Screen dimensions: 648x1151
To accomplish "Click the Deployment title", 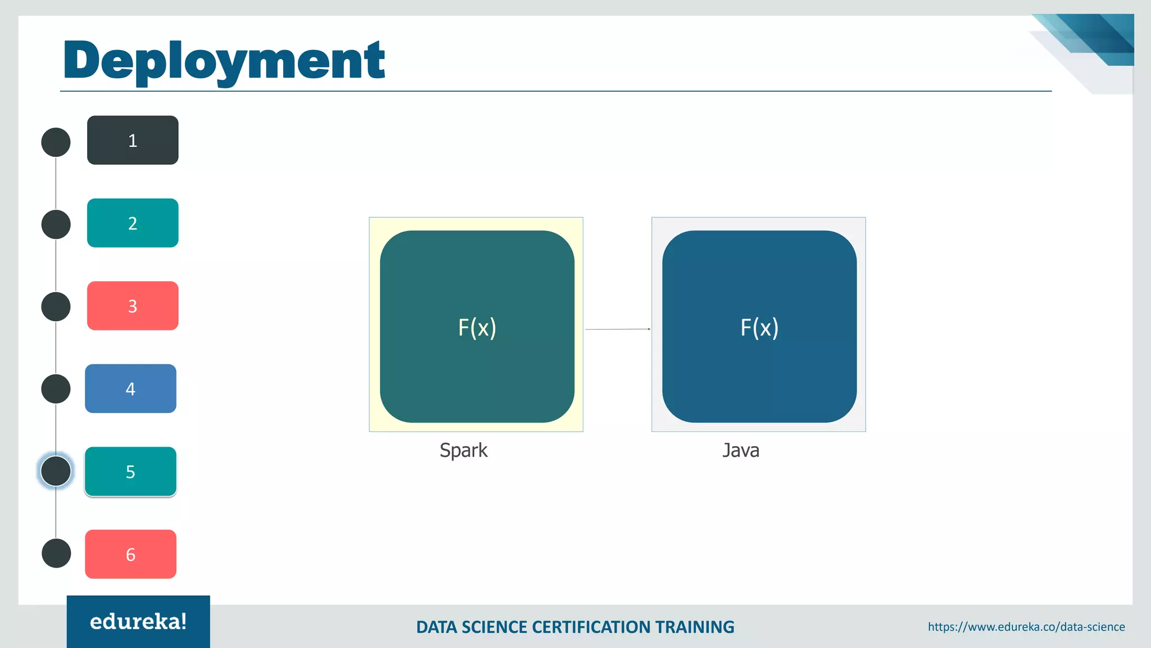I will click(224, 61).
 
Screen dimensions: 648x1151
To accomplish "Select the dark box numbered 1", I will click(133, 140).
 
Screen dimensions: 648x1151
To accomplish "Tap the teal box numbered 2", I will click(133, 223).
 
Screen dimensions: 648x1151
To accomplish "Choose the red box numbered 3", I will click(133, 306).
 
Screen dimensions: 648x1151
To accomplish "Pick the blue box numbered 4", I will click(130, 389).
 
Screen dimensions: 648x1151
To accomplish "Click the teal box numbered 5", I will click(130, 471).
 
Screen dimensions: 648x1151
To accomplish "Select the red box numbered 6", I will click(130, 554).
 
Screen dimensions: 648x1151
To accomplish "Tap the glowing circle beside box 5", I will click(56, 471).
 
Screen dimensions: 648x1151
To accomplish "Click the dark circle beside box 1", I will click(56, 142).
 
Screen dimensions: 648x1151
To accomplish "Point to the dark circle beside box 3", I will click(56, 307).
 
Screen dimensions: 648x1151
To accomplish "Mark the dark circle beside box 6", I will click(56, 553).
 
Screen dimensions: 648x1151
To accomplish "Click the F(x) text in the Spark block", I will click(477, 327).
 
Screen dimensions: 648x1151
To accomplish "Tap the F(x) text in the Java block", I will click(759, 327).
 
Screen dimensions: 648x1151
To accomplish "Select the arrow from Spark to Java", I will click(618, 329).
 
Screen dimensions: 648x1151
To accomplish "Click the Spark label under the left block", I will click(463, 451).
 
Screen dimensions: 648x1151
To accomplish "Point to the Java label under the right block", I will click(741, 451).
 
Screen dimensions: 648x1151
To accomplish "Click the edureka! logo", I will click(138, 622).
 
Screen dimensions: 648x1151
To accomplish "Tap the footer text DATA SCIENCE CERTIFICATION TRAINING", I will click(575, 627).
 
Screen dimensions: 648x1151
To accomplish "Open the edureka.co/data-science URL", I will click(1026, 627).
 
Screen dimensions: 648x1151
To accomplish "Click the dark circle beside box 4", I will click(56, 389).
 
